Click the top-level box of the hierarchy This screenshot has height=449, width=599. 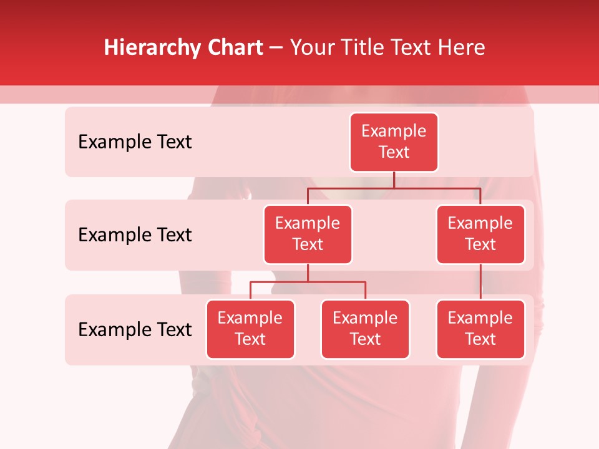click(394, 142)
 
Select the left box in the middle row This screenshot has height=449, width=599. click(308, 234)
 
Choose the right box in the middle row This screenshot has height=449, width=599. click(480, 234)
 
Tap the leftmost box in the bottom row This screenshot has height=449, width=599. click(250, 329)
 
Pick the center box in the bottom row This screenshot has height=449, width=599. click(365, 329)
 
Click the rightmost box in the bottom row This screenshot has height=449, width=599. click(480, 329)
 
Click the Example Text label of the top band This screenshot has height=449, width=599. click(135, 142)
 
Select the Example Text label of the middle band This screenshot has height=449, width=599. click(135, 235)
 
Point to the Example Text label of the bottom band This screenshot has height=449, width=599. click(135, 330)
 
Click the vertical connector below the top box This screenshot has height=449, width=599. click(394, 180)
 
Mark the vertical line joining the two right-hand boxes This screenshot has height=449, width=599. click(480, 282)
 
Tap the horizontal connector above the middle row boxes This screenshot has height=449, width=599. click(437, 188)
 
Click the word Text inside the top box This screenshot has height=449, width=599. click(394, 153)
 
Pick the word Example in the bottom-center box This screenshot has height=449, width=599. click(365, 319)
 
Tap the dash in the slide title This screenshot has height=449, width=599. click(276, 48)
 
